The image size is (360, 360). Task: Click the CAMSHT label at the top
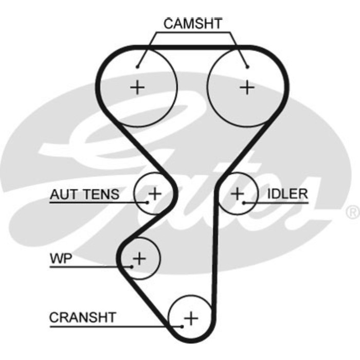point(193,24)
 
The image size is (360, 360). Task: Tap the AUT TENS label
point(84,194)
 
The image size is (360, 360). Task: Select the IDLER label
point(287,194)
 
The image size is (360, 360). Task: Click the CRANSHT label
point(83,317)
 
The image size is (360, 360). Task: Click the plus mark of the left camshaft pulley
point(137,87)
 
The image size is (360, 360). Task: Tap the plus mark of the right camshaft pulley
point(247,87)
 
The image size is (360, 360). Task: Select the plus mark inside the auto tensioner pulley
point(154,193)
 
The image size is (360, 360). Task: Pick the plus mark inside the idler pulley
point(237,194)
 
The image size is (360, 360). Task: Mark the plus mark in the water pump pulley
point(139,257)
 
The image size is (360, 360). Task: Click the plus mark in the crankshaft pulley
point(191,318)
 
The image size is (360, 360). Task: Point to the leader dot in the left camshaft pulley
point(138,66)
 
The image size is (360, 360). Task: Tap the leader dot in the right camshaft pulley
point(247,66)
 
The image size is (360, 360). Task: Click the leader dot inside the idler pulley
point(244,202)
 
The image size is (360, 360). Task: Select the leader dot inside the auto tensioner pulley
point(147,202)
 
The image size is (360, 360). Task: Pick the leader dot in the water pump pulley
point(132,266)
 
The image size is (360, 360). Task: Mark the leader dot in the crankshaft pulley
point(182,326)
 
